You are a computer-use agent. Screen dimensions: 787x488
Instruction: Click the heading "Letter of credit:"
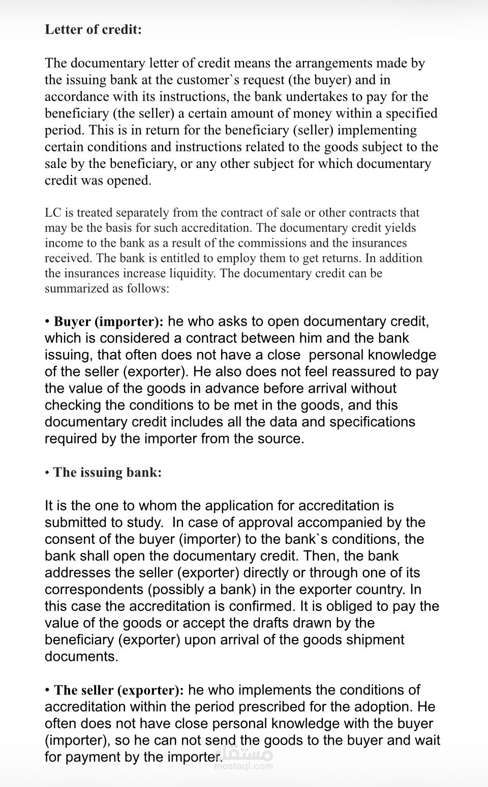click(x=93, y=30)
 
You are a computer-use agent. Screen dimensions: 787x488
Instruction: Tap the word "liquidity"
click(x=190, y=273)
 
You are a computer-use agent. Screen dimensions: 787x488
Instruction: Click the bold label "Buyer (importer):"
click(x=109, y=322)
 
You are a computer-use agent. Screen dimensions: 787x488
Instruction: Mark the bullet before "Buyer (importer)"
click(x=47, y=322)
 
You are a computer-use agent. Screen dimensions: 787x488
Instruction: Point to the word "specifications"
click(x=372, y=422)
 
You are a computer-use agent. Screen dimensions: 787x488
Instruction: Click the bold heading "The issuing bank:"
click(x=107, y=472)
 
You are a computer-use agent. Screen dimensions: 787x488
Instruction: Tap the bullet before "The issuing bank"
click(x=47, y=473)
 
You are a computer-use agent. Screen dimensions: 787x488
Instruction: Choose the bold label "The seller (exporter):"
click(x=119, y=690)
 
